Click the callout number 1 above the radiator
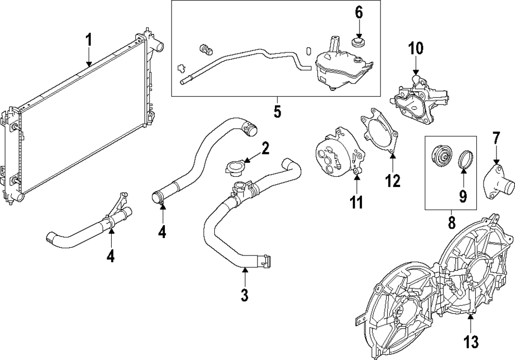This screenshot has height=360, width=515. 89,39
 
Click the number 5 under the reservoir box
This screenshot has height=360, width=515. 277,112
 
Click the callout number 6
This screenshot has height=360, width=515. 358,12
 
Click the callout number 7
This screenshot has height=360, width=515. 496,138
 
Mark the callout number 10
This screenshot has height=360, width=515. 416,49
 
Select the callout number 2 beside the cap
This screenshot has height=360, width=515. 265,149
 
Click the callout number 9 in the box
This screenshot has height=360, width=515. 462,196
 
